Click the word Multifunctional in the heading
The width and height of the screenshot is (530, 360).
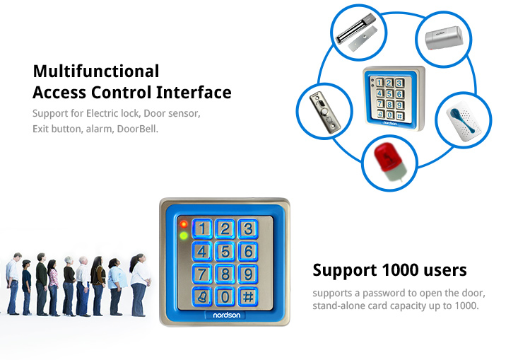coord(96,71)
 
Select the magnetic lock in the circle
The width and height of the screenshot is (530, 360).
coord(357,33)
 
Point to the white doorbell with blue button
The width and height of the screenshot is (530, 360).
coord(464,120)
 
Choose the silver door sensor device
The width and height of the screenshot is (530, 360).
coord(444,38)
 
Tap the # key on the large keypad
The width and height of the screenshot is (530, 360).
coord(248,297)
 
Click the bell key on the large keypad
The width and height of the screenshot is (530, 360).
coord(202,297)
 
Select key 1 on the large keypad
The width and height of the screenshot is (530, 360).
coord(202,228)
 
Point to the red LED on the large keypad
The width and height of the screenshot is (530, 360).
coord(184,224)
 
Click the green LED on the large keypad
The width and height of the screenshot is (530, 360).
coord(184,236)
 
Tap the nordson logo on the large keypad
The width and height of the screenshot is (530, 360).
coord(226,315)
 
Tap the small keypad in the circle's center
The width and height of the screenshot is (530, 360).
coord(394,98)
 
